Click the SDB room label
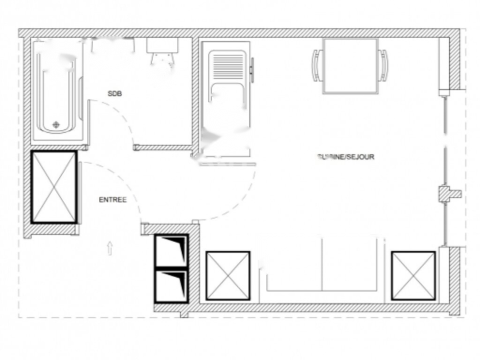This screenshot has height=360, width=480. coord(115,94)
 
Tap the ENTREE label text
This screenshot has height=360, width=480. coord(112,200)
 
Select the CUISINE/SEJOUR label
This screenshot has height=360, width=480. coord(346,157)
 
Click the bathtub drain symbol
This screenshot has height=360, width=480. coord(56,125)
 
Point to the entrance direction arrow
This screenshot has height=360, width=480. coord(110,248)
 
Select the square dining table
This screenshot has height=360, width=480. coord(351,66)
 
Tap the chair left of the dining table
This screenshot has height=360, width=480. coord(317,65)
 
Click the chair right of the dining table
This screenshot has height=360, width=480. coord(383,65)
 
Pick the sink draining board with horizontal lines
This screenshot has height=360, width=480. coord(227,66)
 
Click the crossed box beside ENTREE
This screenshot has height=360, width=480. coord(54,187)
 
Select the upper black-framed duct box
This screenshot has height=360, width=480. coord(172,250)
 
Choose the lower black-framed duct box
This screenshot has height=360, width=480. coord(172,285)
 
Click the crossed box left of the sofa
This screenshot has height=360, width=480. coord(228,276)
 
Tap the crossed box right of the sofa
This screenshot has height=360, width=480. coord(413,276)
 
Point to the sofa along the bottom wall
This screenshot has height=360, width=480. coord(322,267)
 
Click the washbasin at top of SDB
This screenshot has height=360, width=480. coord(162,47)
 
